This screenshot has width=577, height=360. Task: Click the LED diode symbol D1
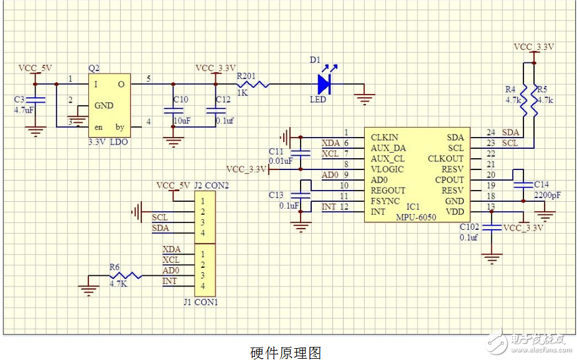click(324, 83)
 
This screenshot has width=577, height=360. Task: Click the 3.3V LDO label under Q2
click(108, 142)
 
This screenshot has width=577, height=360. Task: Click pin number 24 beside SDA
click(490, 133)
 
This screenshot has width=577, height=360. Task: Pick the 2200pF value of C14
click(547, 195)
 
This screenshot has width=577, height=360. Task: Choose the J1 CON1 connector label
click(200, 303)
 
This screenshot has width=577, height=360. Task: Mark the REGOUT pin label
click(388, 191)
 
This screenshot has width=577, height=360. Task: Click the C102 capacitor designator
click(469, 227)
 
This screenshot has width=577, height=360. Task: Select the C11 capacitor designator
click(276, 151)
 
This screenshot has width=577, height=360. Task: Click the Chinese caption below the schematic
click(286, 353)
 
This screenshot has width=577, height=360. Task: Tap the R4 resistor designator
click(511, 89)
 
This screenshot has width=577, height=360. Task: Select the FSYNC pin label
click(386, 201)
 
